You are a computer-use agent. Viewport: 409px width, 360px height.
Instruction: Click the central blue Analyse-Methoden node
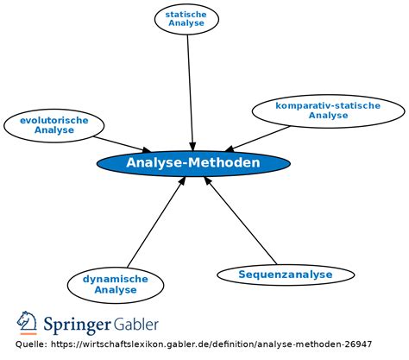pyautogui.click(x=192, y=162)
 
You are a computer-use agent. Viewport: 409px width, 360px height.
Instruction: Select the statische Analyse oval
pyautogui.click(x=187, y=18)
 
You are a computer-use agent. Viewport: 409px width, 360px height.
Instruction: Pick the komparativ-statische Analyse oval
pyautogui.click(x=328, y=111)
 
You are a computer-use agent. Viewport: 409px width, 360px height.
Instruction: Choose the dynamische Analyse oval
pyautogui.click(x=116, y=283)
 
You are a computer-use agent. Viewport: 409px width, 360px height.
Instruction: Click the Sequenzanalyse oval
pyautogui.click(x=285, y=275)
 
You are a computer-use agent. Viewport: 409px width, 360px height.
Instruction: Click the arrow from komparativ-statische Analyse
pyautogui.click(x=259, y=138)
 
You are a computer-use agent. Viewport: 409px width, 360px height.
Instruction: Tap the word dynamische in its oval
pyautogui.click(x=116, y=278)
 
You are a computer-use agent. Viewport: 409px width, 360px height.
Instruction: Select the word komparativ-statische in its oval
pyautogui.click(x=328, y=105)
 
